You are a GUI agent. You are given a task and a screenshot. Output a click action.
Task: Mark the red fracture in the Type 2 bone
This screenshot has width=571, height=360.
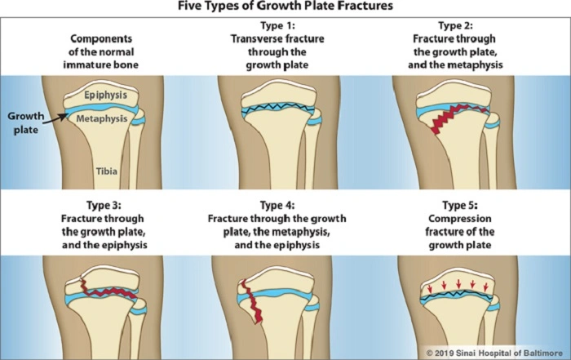[x=445, y=118]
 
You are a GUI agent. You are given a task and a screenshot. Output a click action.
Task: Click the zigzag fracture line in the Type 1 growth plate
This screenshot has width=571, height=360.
[x=281, y=109]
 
